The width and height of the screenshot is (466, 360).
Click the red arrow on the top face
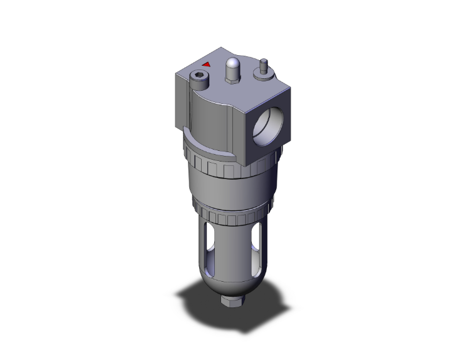(x=206, y=64)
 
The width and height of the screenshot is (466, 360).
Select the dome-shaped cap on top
(x=232, y=65)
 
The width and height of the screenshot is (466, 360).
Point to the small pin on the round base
(x=264, y=63)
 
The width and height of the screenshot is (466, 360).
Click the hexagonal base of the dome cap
(x=232, y=77)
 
